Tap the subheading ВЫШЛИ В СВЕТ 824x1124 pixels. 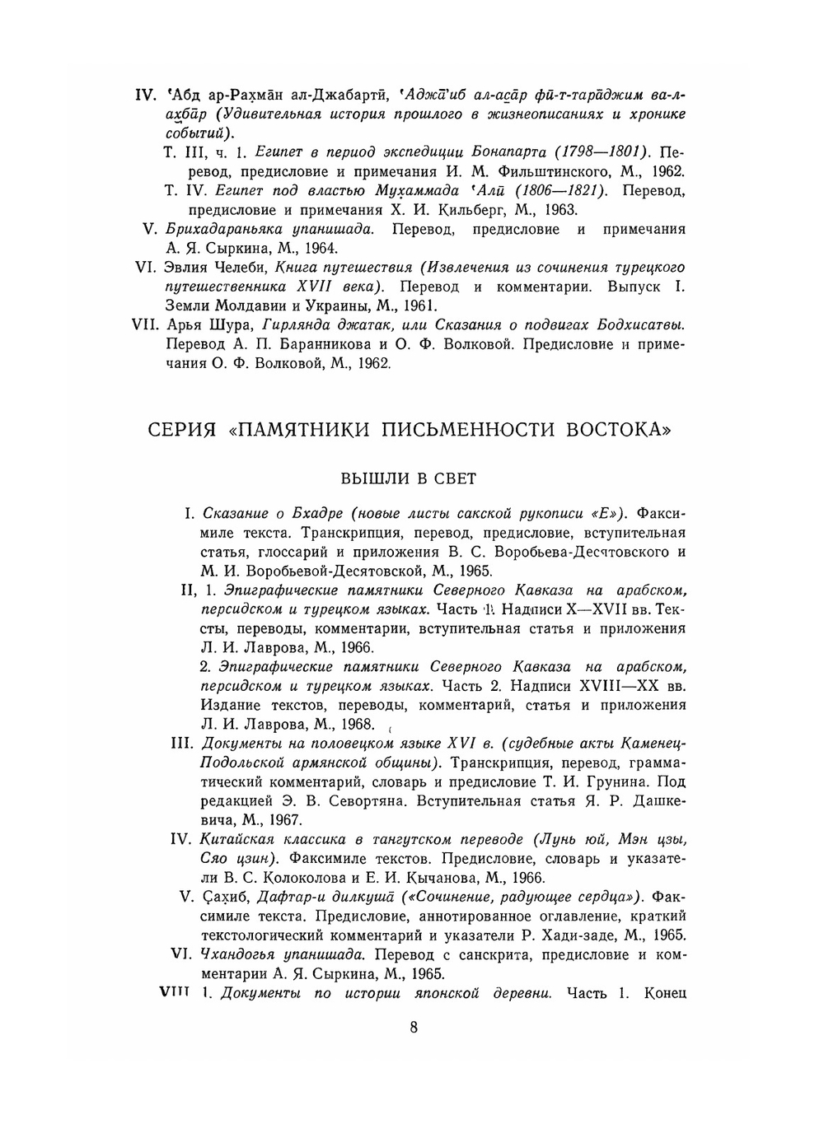click(x=408, y=478)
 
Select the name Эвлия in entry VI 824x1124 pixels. click(x=189, y=268)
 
